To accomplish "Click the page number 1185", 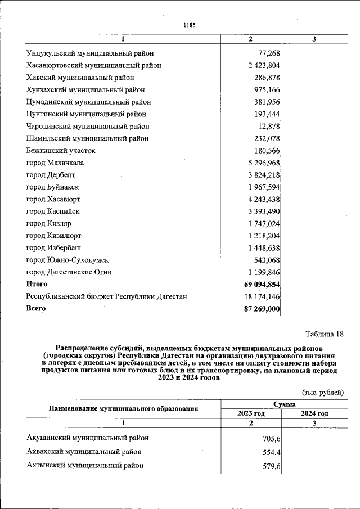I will point(189,25).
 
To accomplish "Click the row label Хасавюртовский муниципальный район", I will point(94,66).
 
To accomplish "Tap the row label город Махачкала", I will point(55,163).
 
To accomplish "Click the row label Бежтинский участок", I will point(61,151).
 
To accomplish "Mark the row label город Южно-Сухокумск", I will point(67,260).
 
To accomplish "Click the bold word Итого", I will point(37,284).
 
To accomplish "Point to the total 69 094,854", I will point(259,285).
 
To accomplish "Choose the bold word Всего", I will point(36,308).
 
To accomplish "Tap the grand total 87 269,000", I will point(259,309).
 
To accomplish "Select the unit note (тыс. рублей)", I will point(322,393).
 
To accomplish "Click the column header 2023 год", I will point(251,413).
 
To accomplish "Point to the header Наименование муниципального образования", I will point(123,409).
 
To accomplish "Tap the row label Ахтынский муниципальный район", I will point(85,466).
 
